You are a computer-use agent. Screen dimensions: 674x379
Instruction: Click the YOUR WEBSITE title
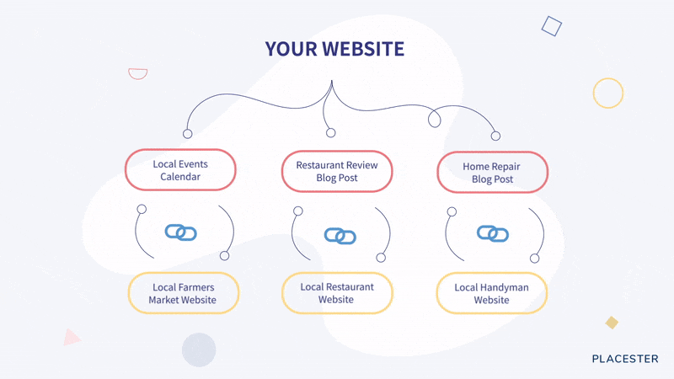pos(334,49)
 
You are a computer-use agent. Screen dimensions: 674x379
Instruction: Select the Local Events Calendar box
pos(180,170)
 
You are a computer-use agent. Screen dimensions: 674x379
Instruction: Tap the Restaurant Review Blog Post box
pos(337,171)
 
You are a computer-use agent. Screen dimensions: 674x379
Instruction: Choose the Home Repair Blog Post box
pos(493,172)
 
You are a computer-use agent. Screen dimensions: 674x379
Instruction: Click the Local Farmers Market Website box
pos(184,293)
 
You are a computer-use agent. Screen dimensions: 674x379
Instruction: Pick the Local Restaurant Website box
pos(337,292)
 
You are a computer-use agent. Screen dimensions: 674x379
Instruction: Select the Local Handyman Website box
pos(492,293)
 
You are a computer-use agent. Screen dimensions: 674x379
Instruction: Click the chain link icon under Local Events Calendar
pos(181,232)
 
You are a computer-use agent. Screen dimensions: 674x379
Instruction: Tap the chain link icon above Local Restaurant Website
pos(340,236)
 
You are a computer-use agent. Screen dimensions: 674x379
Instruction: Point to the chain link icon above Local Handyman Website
pos(493,234)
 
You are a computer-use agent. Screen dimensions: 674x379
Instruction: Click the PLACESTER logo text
pos(625,359)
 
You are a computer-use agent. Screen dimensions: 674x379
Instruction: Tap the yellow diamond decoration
pos(612,323)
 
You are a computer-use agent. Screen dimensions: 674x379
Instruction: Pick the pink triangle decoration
pos(71,338)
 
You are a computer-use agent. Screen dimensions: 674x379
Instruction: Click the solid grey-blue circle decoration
pos(199,350)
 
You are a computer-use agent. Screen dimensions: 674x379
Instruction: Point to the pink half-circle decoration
pos(138,73)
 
